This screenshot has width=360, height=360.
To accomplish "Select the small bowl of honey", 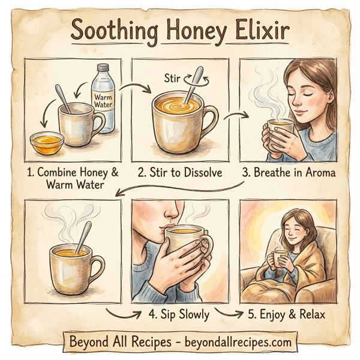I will point(47,142).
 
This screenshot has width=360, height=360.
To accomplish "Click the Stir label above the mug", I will point(172,77).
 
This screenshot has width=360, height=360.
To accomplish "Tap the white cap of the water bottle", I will point(102,68).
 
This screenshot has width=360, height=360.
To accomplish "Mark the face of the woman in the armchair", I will point(286,229).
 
